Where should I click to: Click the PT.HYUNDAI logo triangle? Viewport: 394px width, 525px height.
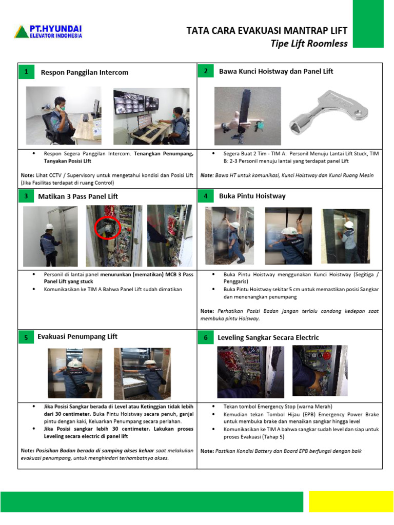pyautogui.click(x=22, y=32)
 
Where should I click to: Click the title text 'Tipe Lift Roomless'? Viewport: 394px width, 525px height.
pyautogui.click(x=309, y=43)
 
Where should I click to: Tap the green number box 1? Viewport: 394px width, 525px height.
pyautogui.click(x=25, y=72)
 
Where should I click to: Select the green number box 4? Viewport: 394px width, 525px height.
pyautogui.click(x=206, y=196)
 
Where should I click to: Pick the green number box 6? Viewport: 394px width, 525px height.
pyautogui.click(x=206, y=337)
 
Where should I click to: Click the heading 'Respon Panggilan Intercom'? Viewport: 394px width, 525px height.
pyautogui.click(x=85, y=72)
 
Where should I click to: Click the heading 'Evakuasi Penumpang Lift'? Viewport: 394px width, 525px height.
pyautogui.click(x=77, y=336)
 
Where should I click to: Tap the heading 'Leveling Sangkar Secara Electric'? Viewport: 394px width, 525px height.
pyautogui.click(x=269, y=337)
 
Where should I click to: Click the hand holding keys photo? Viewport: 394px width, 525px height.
pyautogui.click(x=247, y=116)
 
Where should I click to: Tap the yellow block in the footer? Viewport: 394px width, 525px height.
pyautogui.click(x=351, y=501)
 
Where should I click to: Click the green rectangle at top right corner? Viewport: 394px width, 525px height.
pyautogui.click(x=368, y=24)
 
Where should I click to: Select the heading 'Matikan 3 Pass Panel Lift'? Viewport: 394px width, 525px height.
pyautogui.click(x=78, y=196)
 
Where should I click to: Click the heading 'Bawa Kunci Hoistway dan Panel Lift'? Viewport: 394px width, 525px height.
pyautogui.click(x=276, y=71)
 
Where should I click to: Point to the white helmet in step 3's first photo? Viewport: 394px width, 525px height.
pyautogui.click(x=50, y=226)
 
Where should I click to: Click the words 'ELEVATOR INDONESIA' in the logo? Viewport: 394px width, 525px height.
pyautogui.click(x=55, y=36)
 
